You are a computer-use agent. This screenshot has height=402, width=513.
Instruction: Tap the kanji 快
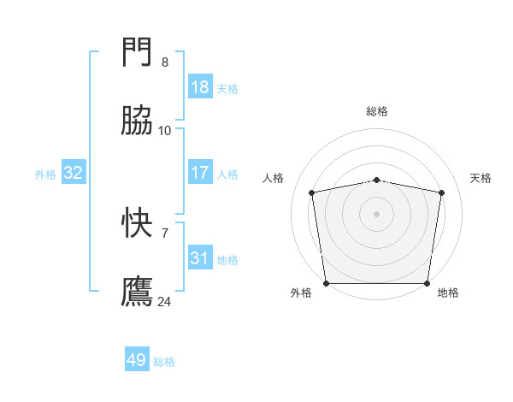click(x=138, y=223)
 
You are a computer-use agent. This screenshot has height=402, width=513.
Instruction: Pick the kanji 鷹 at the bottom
click(x=138, y=291)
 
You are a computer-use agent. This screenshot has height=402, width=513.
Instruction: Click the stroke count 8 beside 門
click(x=165, y=62)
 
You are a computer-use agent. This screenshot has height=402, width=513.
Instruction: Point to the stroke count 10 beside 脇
click(x=165, y=130)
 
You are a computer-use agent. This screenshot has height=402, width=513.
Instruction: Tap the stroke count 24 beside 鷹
click(x=165, y=301)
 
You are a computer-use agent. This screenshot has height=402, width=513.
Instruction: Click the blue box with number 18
click(x=199, y=87)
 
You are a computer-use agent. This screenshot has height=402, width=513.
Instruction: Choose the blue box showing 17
click(x=199, y=173)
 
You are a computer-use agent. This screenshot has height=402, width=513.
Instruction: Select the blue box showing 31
click(x=199, y=258)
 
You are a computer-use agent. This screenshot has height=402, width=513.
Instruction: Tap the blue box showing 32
click(x=74, y=173)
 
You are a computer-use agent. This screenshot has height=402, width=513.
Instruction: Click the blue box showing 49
click(x=137, y=360)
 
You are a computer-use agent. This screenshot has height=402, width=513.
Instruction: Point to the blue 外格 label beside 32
click(x=45, y=174)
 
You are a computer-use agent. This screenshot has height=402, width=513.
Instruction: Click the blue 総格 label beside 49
click(x=164, y=362)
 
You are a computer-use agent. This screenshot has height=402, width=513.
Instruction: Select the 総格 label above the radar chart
click(x=377, y=111)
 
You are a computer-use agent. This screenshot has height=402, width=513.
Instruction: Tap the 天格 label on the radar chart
click(x=481, y=178)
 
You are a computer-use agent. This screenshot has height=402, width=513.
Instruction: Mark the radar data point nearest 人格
click(x=312, y=192)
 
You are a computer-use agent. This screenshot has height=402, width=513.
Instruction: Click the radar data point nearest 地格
click(x=427, y=283)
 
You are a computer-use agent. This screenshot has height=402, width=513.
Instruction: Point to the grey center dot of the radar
click(x=377, y=213)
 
